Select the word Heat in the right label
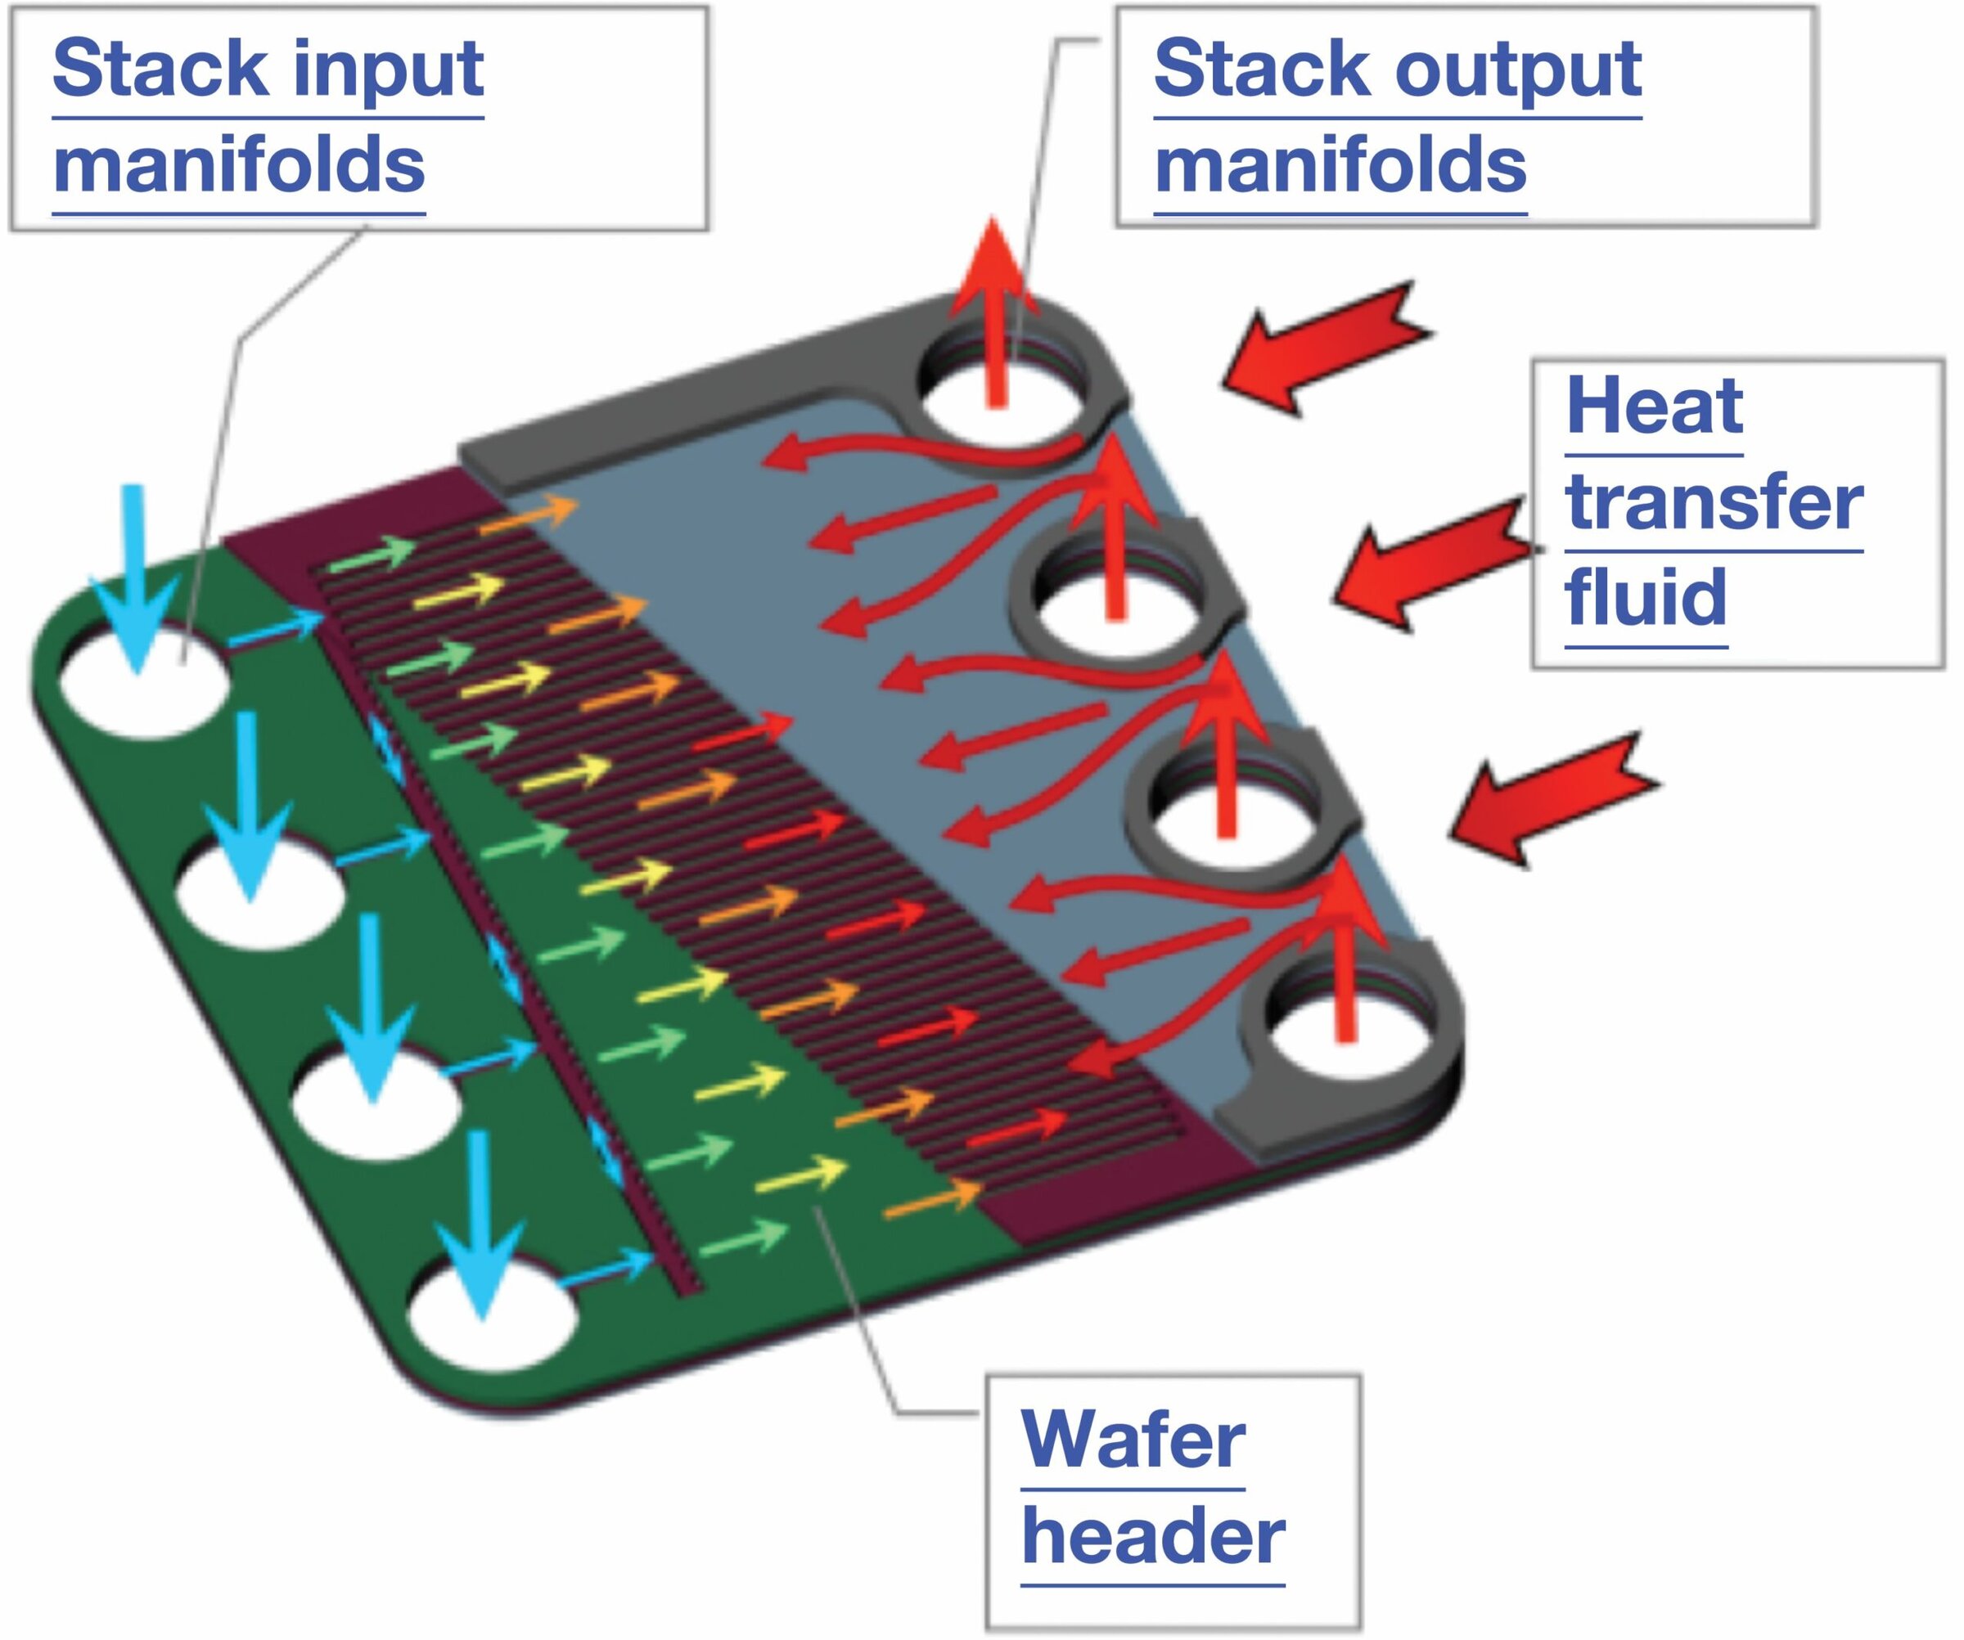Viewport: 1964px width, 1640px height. pyautogui.click(x=1654, y=406)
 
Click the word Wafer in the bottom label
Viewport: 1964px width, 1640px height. pyautogui.click(x=1133, y=1440)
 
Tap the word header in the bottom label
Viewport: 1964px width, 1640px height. pyautogui.click(x=1152, y=1536)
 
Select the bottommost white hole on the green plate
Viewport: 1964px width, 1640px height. pyautogui.click(x=493, y=1326)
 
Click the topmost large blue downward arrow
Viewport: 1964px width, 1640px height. pyautogui.click(x=136, y=580)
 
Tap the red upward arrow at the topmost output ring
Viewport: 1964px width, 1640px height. pyautogui.click(x=995, y=308)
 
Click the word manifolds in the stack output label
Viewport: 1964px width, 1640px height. pyautogui.click(x=1340, y=165)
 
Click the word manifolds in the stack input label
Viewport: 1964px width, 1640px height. pyautogui.click(x=238, y=165)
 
